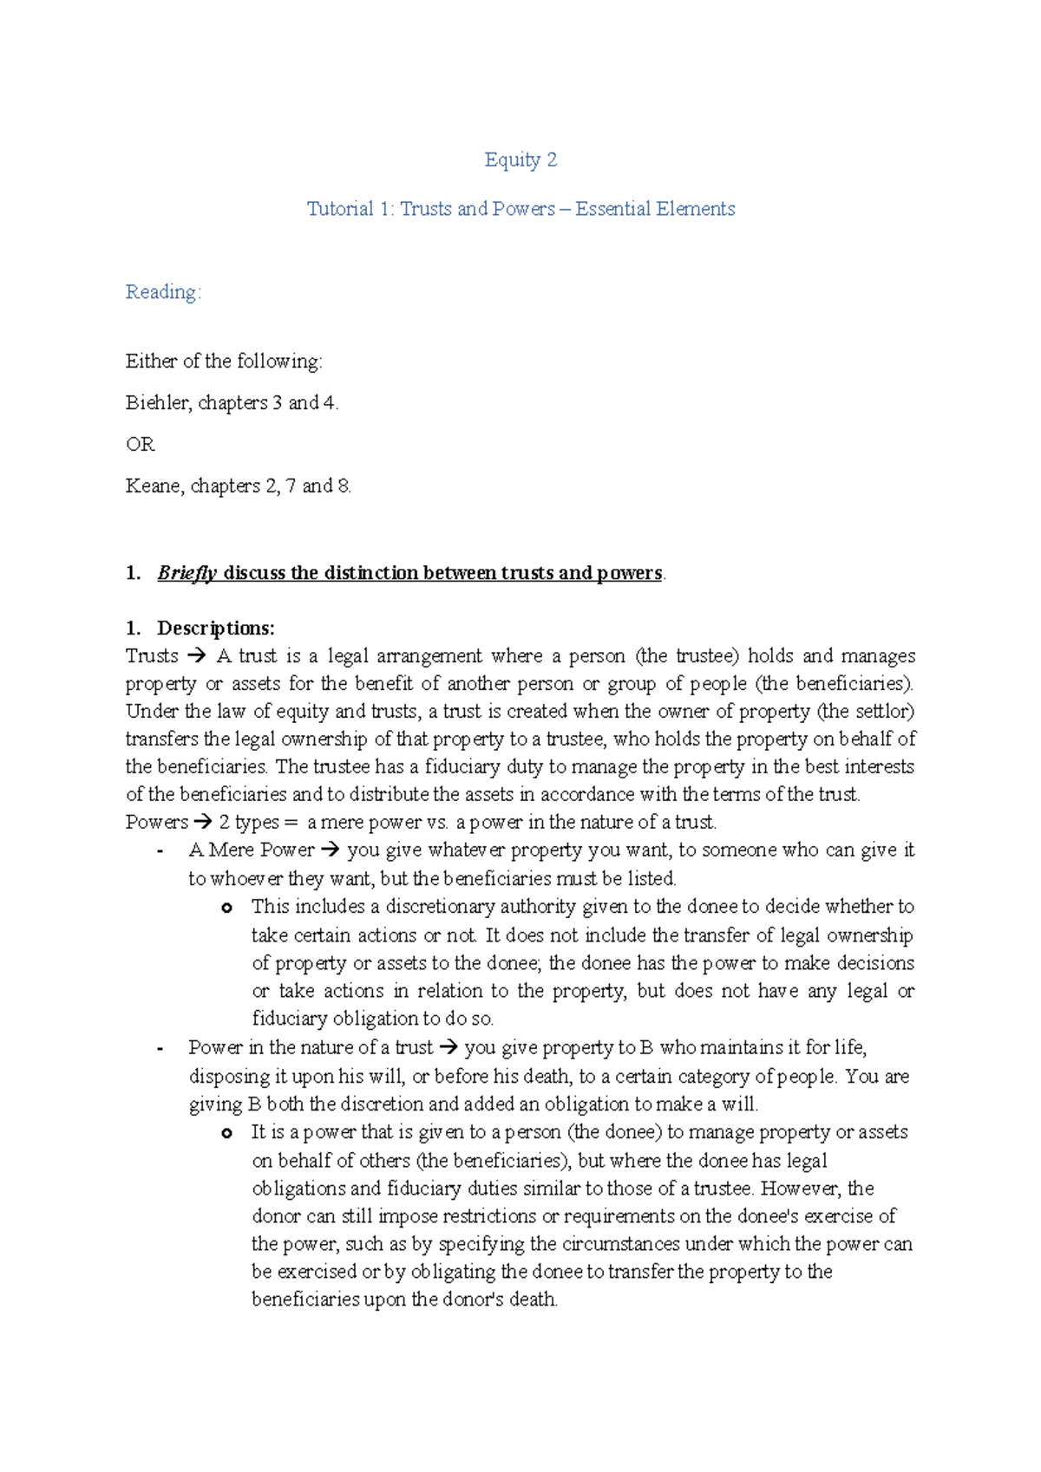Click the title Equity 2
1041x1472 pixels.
520,160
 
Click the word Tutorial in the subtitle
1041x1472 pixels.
339,209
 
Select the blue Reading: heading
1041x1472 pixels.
163,292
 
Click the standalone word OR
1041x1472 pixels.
140,445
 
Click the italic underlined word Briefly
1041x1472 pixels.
187,573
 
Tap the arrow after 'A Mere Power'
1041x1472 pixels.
331,850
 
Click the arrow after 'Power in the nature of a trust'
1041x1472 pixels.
448,1048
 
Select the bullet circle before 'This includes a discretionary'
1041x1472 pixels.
226,908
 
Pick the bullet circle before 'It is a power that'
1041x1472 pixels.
226,1133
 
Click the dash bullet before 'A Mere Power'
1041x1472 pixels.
160,851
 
